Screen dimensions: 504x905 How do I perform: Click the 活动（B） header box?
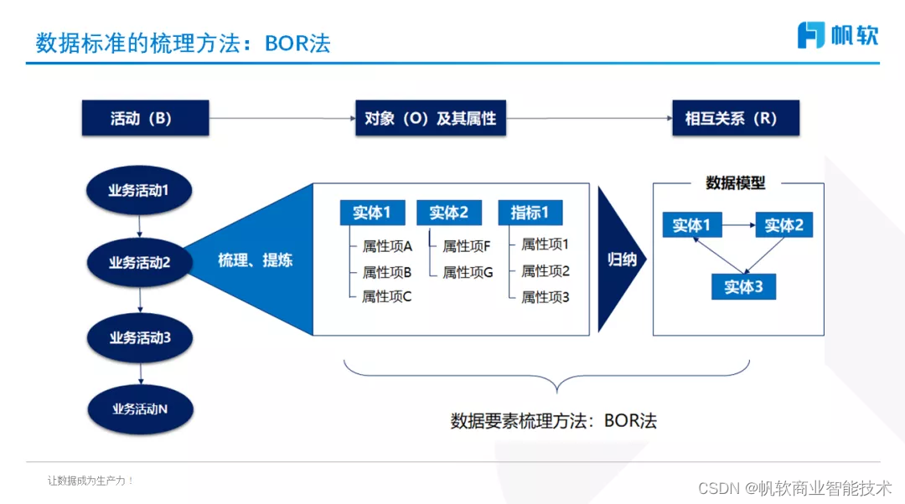click(144, 118)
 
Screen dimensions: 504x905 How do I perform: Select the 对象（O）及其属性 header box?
click(431, 118)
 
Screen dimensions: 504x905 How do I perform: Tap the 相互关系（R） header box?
click(736, 118)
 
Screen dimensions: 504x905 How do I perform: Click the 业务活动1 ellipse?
click(139, 190)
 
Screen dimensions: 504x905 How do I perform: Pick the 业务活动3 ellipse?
click(140, 337)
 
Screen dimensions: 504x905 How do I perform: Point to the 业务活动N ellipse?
click(140, 409)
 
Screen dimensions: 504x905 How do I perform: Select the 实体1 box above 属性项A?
click(372, 213)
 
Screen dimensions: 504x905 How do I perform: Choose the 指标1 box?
click(530, 213)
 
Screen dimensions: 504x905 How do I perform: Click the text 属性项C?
click(386, 296)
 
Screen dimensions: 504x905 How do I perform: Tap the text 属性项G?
click(468, 272)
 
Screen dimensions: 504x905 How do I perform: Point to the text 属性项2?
click(545, 270)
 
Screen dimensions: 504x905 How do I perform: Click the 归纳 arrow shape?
click(621, 260)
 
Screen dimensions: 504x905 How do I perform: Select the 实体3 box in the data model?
click(743, 287)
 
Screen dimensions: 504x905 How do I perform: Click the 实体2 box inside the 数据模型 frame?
click(784, 225)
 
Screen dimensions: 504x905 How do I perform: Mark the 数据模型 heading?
click(736, 183)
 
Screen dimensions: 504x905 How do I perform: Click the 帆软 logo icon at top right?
click(810, 35)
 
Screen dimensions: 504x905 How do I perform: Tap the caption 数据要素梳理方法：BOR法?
click(553, 420)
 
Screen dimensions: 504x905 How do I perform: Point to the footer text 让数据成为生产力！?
click(90, 481)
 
